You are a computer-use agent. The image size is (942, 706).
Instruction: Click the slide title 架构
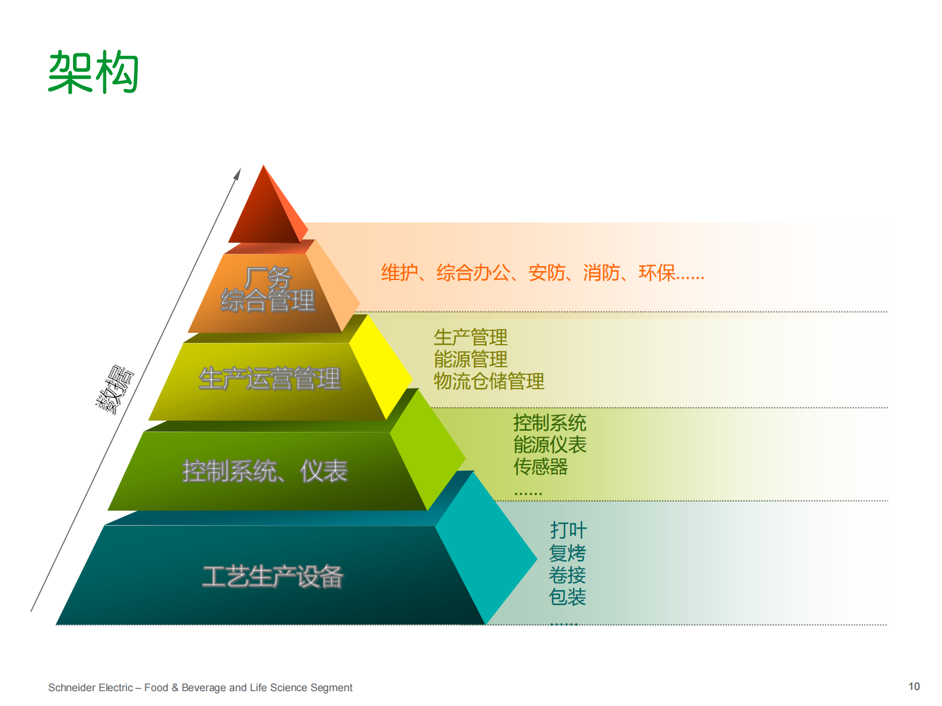[93, 72]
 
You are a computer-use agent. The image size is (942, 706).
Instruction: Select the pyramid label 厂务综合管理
[268, 290]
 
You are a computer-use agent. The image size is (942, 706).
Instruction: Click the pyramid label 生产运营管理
[269, 379]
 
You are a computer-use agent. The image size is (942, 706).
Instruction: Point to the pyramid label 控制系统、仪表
[265, 472]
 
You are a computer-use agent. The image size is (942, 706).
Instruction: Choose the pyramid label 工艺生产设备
[272, 576]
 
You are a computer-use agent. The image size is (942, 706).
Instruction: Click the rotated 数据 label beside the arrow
[115, 389]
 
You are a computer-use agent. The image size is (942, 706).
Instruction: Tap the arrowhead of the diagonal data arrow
[237, 174]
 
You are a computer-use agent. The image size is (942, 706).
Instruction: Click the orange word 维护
[399, 273]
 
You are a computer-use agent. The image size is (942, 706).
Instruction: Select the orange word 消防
[601, 273]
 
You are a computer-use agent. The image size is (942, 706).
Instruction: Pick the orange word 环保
[656, 273]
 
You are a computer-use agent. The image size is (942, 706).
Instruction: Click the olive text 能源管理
[471, 360]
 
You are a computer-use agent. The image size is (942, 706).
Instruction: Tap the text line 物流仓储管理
[489, 381]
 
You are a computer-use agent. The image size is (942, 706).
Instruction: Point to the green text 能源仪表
[550, 445]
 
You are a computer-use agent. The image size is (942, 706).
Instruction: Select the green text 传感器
[541, 467]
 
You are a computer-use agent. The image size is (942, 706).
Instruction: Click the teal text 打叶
[568, 530]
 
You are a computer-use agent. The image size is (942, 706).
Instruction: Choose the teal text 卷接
[567, 575]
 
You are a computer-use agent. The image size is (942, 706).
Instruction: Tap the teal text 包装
[567, 597]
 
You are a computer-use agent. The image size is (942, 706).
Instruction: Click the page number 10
[914, 686]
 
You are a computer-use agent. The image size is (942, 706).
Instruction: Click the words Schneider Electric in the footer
[90, 688]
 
